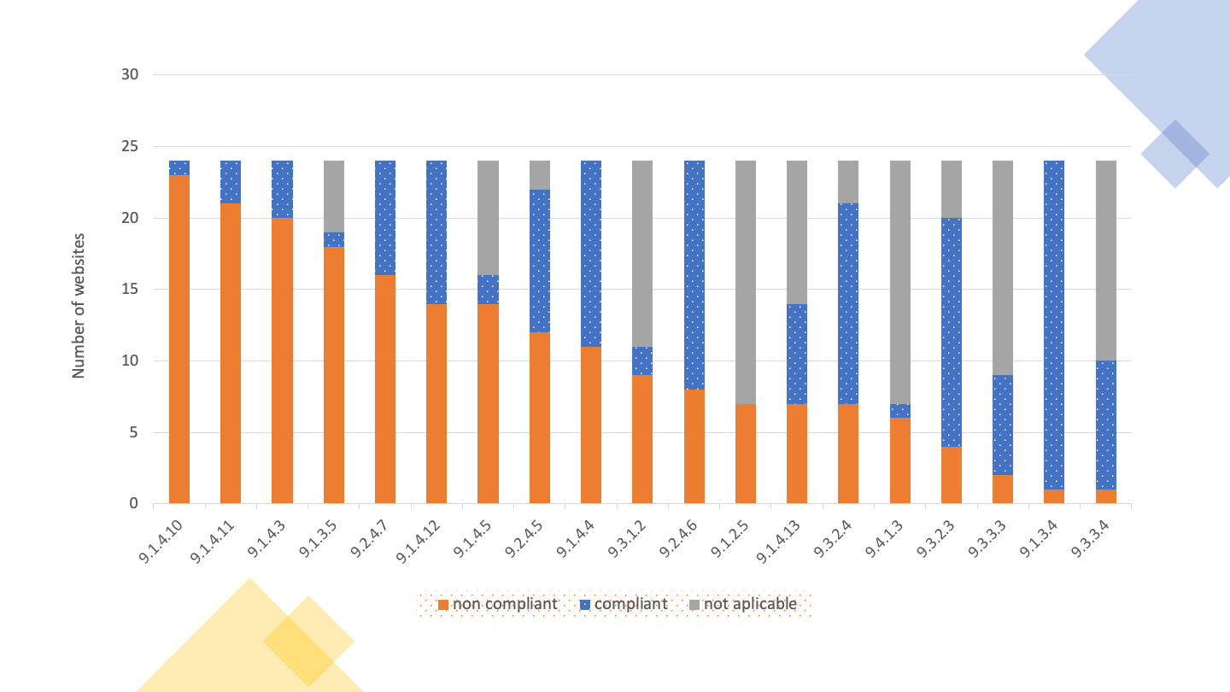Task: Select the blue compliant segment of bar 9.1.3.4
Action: pos(1054,325)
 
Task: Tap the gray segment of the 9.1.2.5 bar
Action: pos(746,282)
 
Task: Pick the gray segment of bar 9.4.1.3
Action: pos(899,282)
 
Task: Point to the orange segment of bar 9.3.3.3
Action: pos(1003,489)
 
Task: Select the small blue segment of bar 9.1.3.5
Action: pos(334,239)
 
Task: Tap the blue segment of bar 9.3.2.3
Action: pos(952,332)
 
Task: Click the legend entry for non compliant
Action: pos(497,604)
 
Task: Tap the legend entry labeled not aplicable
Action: pos(742,604)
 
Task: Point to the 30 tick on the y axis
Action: pos(130,75)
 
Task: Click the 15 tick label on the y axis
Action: pos(130,290)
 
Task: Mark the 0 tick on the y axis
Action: pos(134,504)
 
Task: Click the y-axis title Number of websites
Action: pos(79,305)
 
